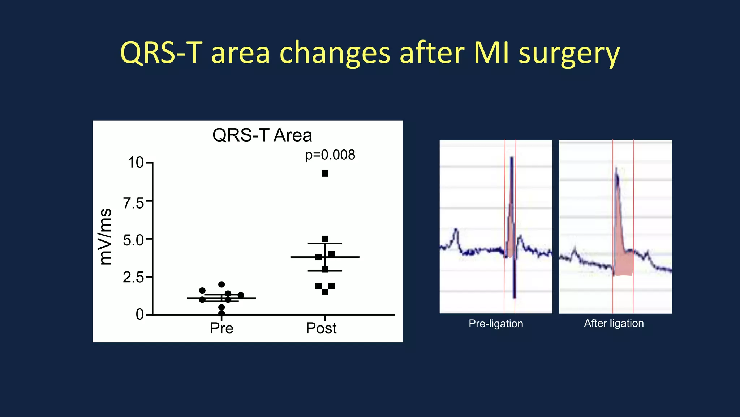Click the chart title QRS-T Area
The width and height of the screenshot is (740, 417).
[262, 135]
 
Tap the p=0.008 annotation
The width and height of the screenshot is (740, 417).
[330, 155]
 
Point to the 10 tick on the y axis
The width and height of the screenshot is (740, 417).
[136, 163]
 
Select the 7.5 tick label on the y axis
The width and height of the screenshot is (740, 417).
[133, 203]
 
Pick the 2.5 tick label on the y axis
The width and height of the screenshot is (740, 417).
[133, 278]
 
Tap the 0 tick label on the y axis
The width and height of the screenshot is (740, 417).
[139, 315]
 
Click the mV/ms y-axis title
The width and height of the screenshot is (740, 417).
[106, 237]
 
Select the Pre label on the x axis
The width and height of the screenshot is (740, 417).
[221, 328]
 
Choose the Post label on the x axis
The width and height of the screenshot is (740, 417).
[321, 328]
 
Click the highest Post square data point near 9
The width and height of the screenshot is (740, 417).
[325, 174]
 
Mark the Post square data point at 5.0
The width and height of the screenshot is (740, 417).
[325, 239]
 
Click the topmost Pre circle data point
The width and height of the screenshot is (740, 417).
[221, 285]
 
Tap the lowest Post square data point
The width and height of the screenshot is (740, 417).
[325, 292]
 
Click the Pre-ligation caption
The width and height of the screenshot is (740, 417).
[496, 324]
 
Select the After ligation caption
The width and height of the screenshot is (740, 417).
[614, 323]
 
